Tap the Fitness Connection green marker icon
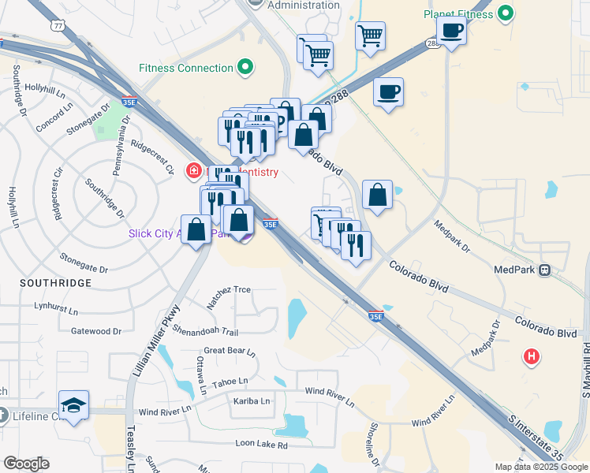point(245,68)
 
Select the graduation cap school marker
point(73,405)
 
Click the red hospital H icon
point(532,357)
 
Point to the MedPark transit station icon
point(544,270)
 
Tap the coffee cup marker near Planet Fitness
point(451,31)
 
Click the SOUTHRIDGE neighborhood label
point(58,282)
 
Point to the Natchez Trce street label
point(229,291)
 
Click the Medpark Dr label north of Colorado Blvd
point(452,236)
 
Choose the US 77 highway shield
point(58,25)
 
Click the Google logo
point(26,464)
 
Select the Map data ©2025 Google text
point(540,467)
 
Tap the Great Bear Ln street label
point(230,351)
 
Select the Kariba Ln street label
point(251,401)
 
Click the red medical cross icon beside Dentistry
point(192,170)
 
